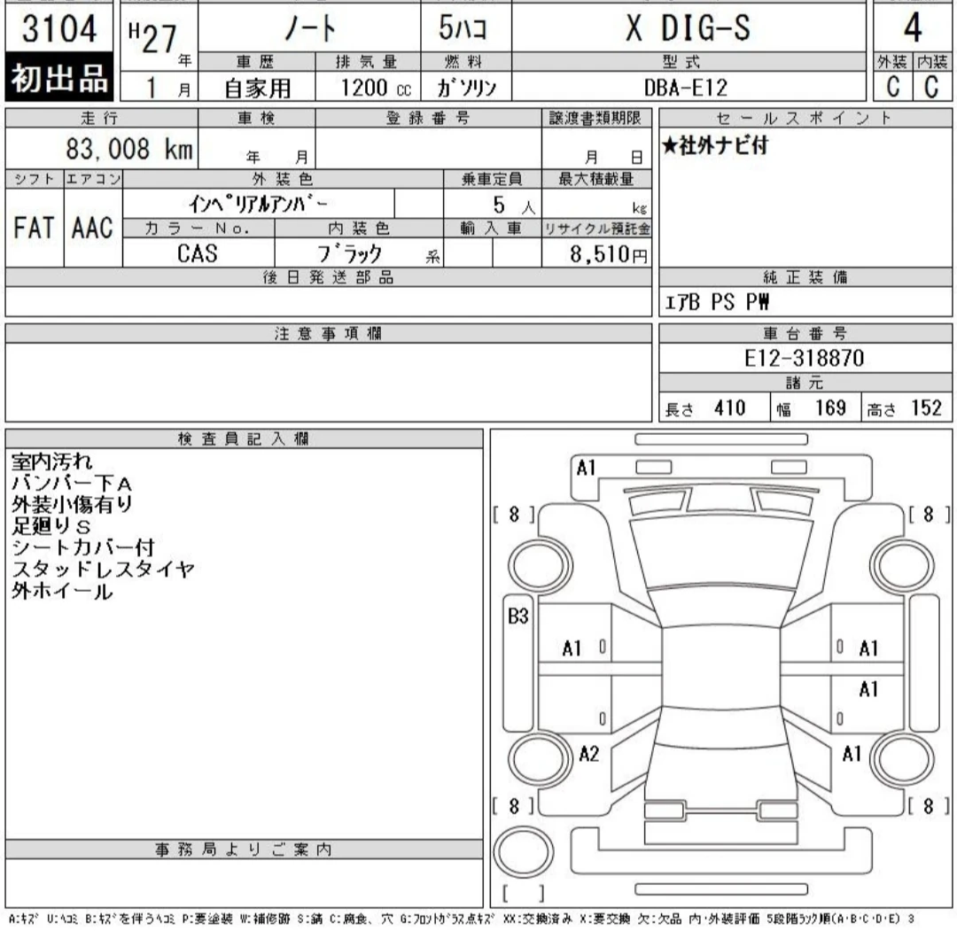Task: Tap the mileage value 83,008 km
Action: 129,148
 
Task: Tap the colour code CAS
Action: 198,252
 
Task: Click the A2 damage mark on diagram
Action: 589,754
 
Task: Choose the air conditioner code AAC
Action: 93,229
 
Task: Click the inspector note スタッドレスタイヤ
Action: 103,570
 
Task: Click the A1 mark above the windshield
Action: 586,468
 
